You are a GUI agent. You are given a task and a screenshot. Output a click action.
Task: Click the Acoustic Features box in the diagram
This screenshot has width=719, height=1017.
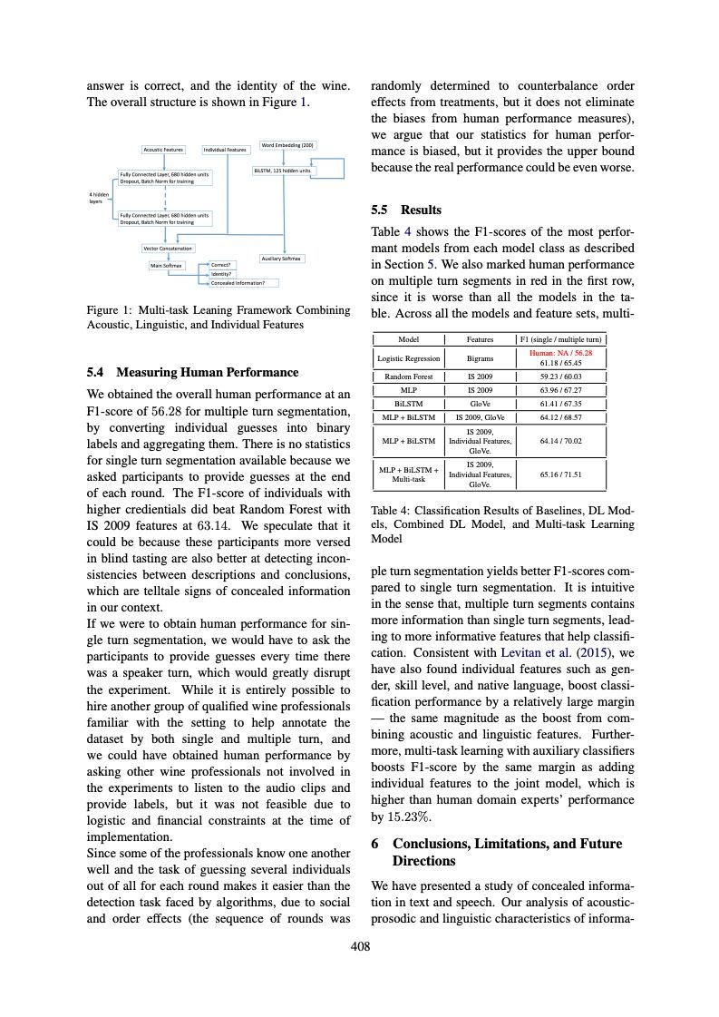163,149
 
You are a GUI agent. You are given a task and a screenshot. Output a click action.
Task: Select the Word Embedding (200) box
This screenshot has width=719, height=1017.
287,144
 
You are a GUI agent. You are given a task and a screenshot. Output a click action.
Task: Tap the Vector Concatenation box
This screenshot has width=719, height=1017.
168,248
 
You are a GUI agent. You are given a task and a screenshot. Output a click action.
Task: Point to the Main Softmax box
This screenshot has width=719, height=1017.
166,265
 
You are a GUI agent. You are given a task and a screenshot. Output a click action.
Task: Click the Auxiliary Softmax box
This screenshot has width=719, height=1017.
282,259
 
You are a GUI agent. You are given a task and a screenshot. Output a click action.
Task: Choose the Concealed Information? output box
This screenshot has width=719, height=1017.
238,283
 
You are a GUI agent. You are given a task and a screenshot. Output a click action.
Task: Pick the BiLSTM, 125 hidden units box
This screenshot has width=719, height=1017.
284,170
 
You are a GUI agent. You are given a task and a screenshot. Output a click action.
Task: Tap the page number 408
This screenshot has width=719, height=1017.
360,947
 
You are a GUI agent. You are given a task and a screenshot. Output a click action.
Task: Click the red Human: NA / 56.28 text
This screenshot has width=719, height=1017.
560,352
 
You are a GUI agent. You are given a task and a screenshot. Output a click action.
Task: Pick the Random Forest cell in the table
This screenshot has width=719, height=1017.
409,376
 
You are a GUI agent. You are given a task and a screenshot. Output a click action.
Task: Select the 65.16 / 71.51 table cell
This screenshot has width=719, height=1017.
560,474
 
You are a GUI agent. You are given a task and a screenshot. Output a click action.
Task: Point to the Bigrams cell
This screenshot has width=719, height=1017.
480,358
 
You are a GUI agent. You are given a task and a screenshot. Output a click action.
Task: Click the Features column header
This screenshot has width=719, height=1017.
480,338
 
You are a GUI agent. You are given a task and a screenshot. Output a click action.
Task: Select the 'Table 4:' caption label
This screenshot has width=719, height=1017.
393,510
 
